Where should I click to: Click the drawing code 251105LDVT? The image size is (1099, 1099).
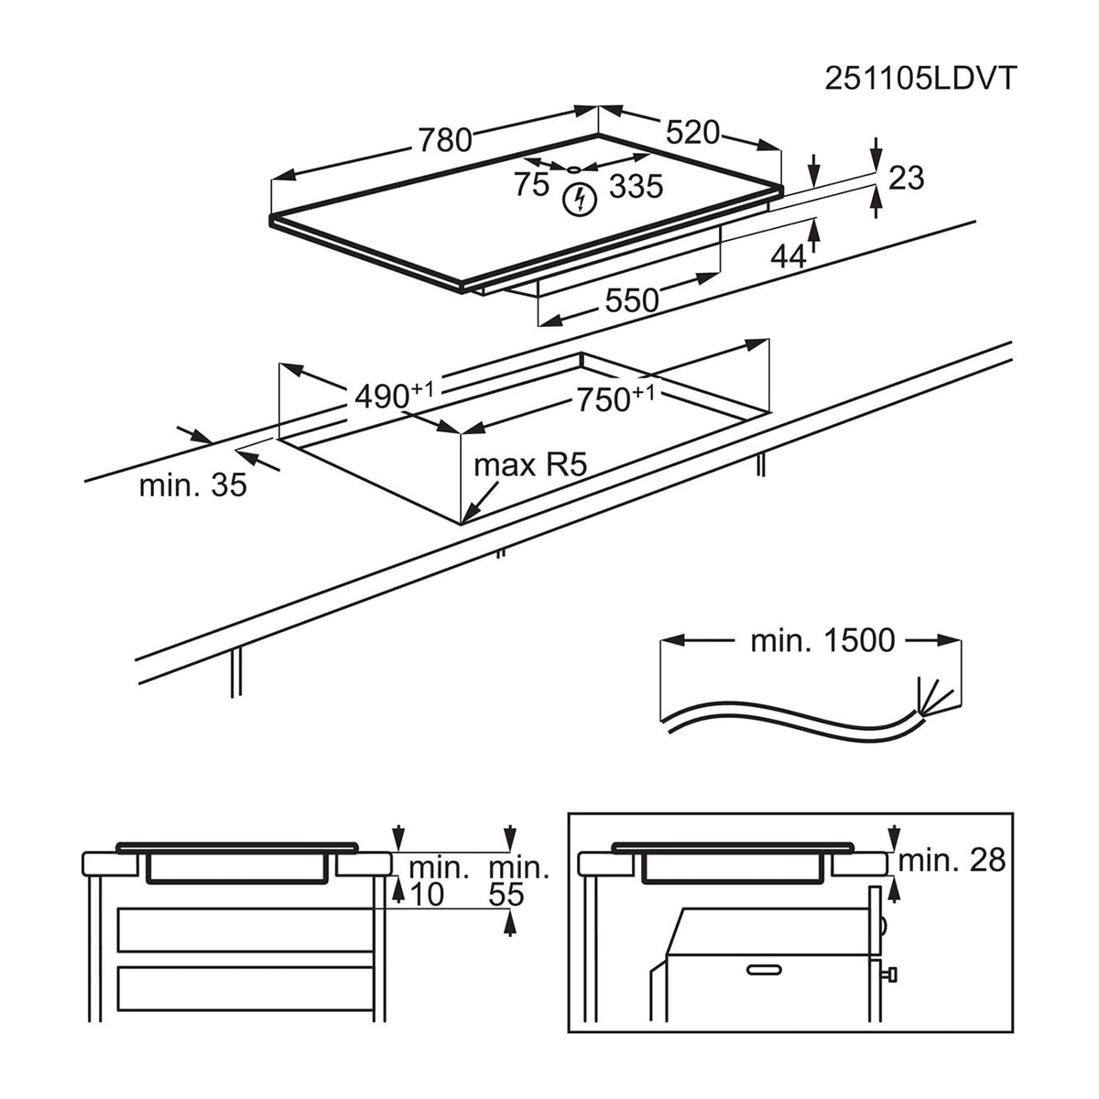point(920,78)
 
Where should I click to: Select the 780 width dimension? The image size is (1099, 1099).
point(445,140)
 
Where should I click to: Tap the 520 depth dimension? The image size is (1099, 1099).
point(693,133)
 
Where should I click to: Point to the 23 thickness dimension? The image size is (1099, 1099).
point(907,178)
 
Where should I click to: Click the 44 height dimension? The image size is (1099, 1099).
point(789,256)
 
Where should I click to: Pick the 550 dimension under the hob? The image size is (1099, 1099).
point(632,300)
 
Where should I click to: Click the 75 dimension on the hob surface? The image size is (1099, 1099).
point(531,184)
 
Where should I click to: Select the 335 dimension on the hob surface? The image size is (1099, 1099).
point(637,186)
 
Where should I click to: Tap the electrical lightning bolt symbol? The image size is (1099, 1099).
point(580,200)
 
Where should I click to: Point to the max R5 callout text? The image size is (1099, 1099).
point(530,465)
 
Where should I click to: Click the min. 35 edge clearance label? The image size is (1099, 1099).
point(192,485)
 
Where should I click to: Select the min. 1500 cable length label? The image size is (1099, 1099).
point(822,641)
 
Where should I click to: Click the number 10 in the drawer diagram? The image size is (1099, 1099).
point(427,895)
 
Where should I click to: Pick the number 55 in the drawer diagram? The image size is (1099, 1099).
point(506,895)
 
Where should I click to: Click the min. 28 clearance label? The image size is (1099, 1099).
point(952,860)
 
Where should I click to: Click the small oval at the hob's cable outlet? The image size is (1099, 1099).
point(573,169)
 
